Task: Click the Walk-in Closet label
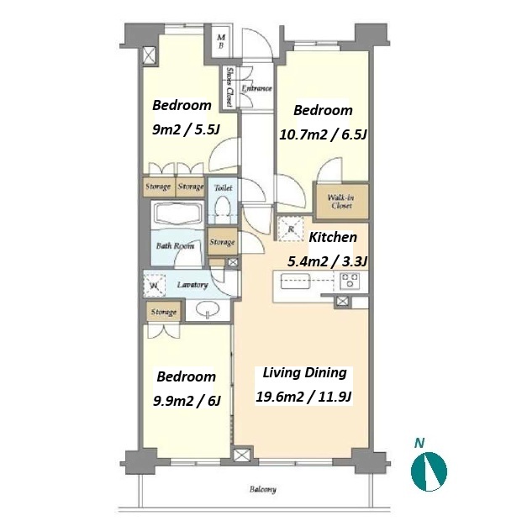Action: [340, 202]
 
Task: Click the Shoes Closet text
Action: [229, 87]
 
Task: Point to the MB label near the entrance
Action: [221, 41]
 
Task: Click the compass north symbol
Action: [429, 471]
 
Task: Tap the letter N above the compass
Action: [419, 443]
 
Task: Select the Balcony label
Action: [262, 489]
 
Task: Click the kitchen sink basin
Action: [295, 282]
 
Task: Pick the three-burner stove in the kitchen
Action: [349, 280]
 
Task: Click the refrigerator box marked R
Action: [291, 229]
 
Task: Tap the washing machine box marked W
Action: [155, 284]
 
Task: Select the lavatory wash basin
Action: [208, 309]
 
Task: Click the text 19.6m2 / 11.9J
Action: [304, 397]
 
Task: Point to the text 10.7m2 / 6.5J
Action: [323, 134]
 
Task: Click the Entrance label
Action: [256, 89]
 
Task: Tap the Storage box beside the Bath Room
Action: [223, 241]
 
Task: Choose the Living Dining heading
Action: [305, 373]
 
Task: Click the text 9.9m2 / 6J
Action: [187, 401]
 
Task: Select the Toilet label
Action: [223, 187]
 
